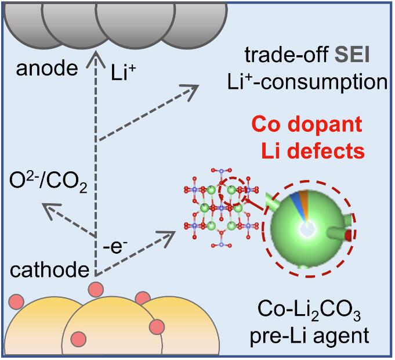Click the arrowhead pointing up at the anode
(x=96, y=57)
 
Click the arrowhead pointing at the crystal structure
(x=169, y=236)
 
